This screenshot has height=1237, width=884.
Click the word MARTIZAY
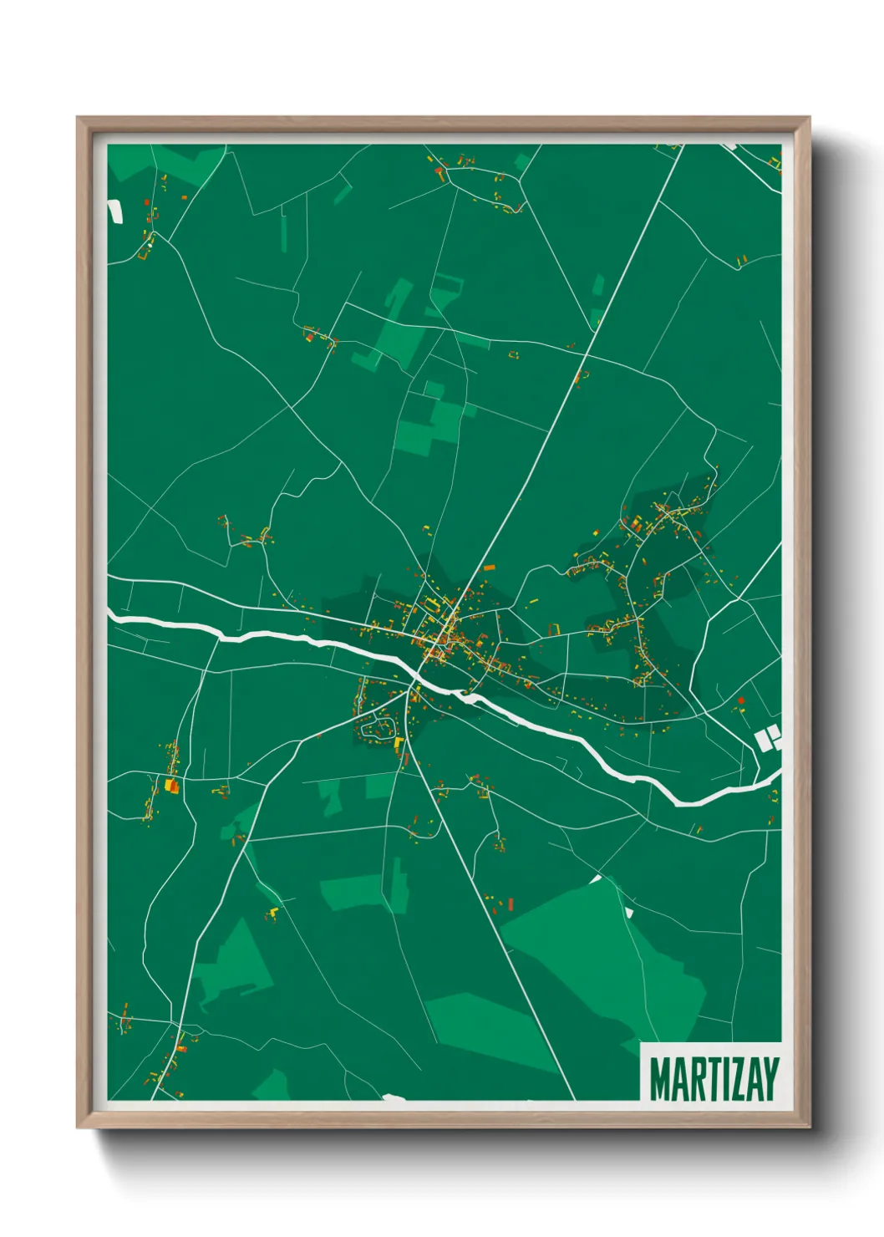[x=714, y=1079]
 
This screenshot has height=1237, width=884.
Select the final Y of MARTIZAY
[x=770, y=1079]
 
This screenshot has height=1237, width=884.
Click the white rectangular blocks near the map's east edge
[x=768, y=739]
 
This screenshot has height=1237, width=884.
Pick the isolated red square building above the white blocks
[x=740, y=700]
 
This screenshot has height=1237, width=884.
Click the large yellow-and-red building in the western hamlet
[x=172, y=786]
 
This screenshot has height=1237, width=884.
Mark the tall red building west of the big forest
[x=511, y=904]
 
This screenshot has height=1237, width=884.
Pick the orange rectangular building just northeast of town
[x=489, y=568]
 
